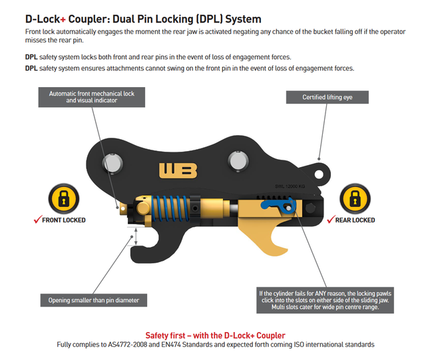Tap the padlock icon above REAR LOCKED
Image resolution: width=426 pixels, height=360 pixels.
click(353, 199)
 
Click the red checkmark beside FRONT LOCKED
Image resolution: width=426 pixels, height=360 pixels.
click(37, 219)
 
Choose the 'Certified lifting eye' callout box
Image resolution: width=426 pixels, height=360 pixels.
click(327, 97)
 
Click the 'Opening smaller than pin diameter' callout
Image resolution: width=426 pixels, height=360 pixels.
click(94, 300)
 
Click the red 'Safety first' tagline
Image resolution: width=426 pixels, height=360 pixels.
click(216, 335)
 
